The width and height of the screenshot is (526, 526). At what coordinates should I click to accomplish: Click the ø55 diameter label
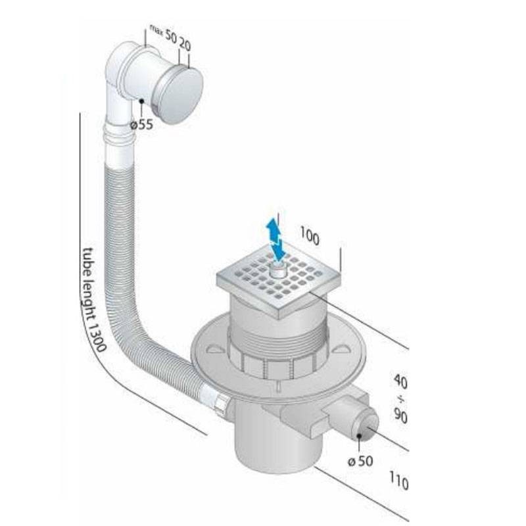(141, 125)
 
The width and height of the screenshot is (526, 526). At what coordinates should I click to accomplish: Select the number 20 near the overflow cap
(185, 44)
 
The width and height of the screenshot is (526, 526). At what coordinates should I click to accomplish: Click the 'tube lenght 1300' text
(93, 299)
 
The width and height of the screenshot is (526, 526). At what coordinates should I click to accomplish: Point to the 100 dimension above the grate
(309, 236)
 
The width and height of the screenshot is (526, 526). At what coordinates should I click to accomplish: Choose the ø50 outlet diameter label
(360, 462)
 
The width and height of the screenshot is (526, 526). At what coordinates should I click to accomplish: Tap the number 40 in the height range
(400, 382)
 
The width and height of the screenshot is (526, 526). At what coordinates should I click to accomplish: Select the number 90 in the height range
(400, 416)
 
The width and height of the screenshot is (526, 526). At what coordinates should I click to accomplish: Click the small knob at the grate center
(278, 270)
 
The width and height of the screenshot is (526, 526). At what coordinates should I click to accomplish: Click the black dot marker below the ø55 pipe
(141, 101)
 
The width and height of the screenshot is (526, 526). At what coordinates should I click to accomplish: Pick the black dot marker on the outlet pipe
(359, 436)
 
